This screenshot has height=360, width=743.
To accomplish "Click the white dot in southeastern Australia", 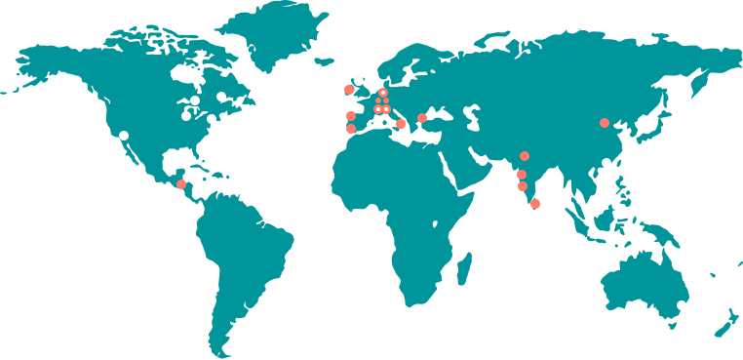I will (x=682, y=305).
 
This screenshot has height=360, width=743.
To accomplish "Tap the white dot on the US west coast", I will (x=124, y=136).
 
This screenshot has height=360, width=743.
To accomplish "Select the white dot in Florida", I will (x=201, y=150).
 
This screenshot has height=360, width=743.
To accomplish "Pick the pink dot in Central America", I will (x=181, y=184).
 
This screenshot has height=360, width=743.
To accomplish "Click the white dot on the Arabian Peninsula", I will (x=482, y=161).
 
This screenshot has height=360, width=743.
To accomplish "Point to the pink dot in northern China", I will (x=605, y=123).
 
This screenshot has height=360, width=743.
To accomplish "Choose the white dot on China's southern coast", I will (x=606, y=163).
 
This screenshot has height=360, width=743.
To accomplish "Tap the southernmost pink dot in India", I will (x=534, y=204).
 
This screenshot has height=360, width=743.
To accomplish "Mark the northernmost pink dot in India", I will (x=525, y=156).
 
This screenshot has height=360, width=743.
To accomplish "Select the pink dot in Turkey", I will (x=422, y=118).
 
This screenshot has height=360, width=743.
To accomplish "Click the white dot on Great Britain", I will (x=359, y=81).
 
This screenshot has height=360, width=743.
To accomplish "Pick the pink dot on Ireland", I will (x=349, y=90).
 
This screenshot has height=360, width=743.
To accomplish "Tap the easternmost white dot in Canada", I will (x=221, y=97).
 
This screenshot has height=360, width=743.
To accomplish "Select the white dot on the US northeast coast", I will (x=212, y=119).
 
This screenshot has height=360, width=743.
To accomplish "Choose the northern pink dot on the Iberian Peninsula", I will (x=351, y=116).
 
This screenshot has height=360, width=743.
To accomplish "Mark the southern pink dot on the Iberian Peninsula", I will (x=351, y=129).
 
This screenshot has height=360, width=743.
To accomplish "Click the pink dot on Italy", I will (x=401, y=124).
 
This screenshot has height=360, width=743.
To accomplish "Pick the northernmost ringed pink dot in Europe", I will (x=383, y=93).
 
